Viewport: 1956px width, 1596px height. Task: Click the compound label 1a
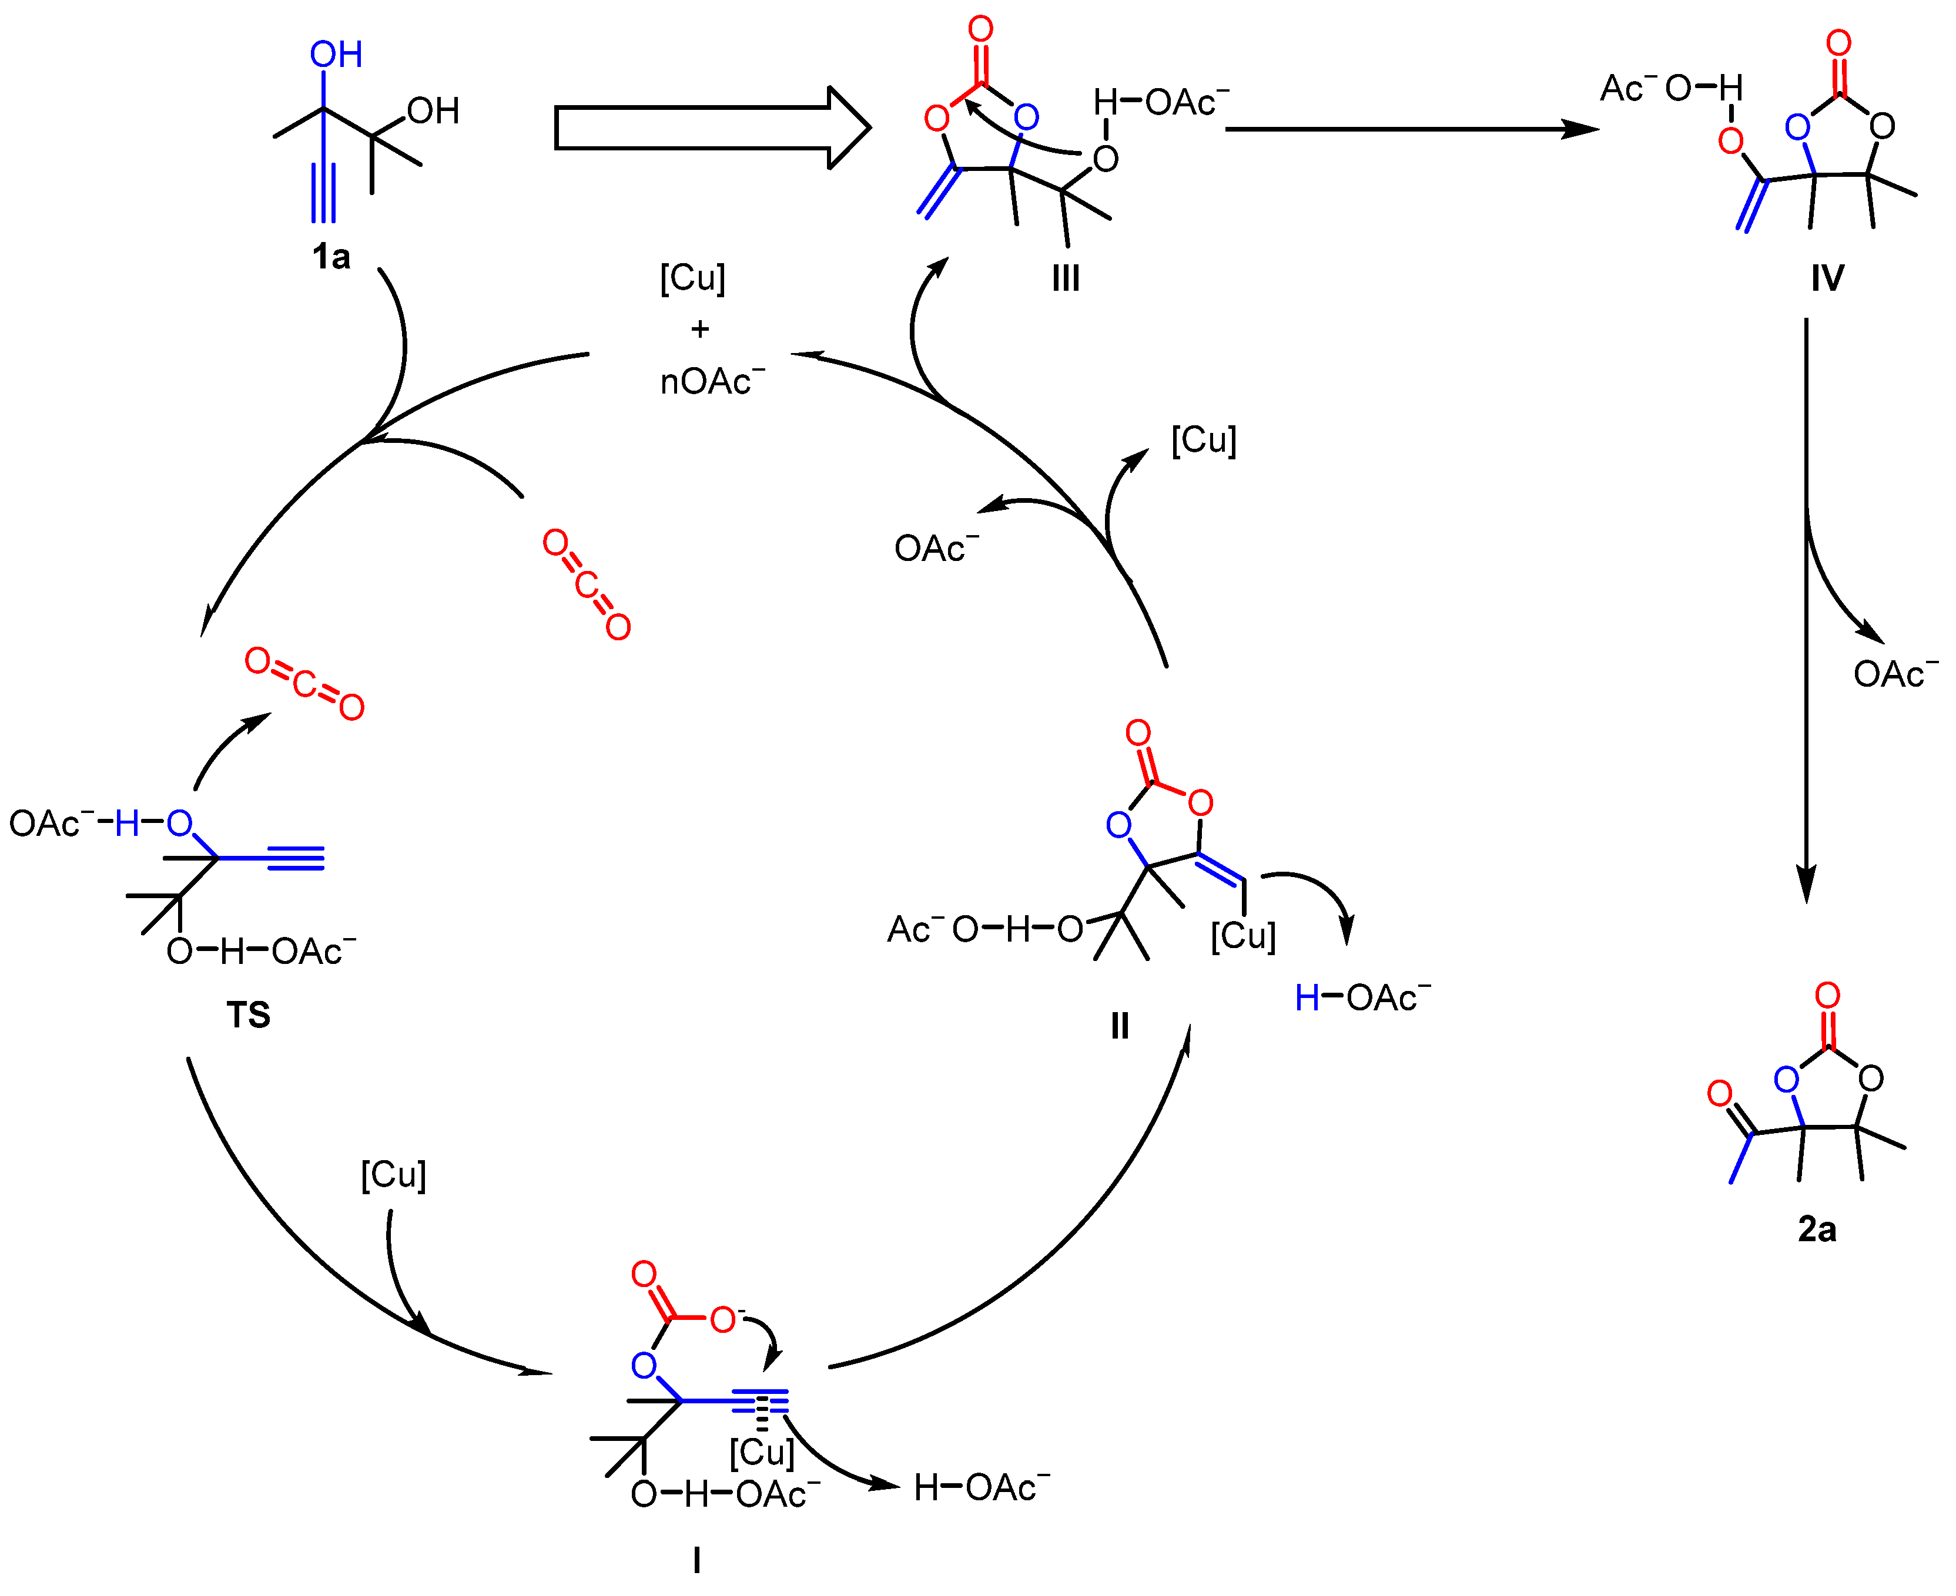click(331, 257)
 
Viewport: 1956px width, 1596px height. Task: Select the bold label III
click(1066, 278)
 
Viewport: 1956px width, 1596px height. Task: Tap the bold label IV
click(1827, 278)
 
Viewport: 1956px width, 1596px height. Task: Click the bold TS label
click(248, 1015)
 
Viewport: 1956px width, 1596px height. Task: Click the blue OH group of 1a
click(336, 55)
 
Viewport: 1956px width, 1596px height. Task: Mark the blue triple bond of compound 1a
click(324, 193)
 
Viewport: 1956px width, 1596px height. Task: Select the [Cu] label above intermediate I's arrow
click(394, 1175)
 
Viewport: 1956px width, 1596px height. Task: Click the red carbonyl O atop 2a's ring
click(1827, 996)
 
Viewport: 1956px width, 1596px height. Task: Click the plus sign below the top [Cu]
click(700, 329)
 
